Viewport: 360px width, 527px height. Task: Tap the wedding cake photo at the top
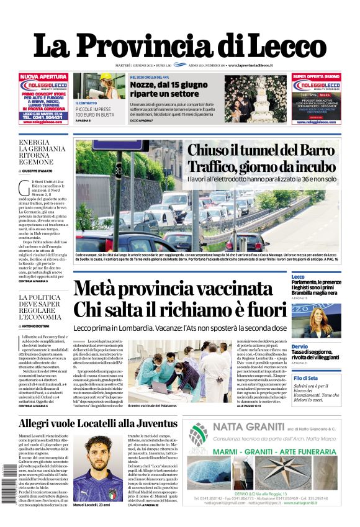point(255,98)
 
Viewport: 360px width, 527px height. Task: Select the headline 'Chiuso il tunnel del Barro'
point(260,150)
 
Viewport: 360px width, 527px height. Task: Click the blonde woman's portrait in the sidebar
point(325,320)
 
